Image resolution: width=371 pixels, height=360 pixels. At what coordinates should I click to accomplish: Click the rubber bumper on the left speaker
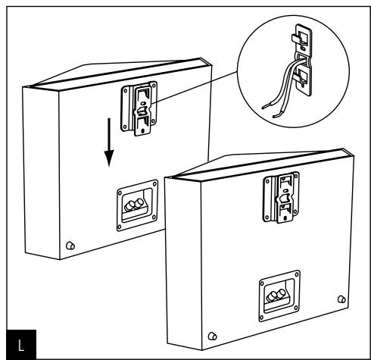(x=70, y=246)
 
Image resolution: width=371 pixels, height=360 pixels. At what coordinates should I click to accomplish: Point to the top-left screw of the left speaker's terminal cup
(x=118, y=186)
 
